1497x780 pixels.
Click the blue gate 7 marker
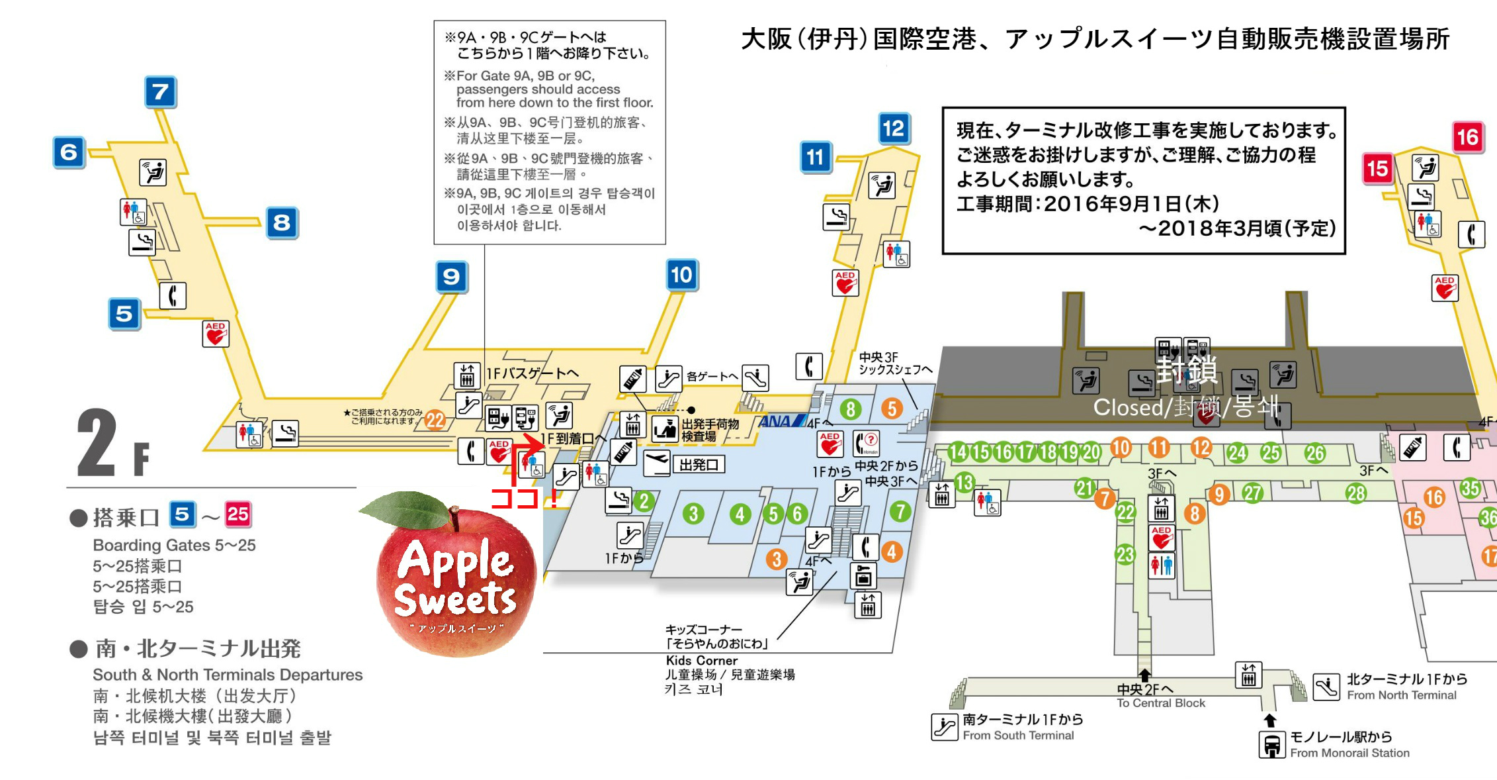[160, 92]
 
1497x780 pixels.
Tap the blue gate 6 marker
[69, 152]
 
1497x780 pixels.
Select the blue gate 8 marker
[282, 222]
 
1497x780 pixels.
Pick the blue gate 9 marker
[451, 277]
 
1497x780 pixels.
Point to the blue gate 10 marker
[681, 275]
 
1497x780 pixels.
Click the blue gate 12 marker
[893, 128]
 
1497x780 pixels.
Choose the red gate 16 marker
[1467, 138]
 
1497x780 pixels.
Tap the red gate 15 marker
[1378, 169]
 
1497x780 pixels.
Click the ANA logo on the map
[781, 421]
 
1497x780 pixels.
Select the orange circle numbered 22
[435, 420]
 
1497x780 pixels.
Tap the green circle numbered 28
[1356, 493]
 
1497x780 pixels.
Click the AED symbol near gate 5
[215, 334]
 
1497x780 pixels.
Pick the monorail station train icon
[1271, 745]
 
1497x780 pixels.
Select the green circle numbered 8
[851, 409]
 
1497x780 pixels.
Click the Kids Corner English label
[701, 660]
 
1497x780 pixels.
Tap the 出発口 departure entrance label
[699, 465]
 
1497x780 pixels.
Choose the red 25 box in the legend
[238, 514]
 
